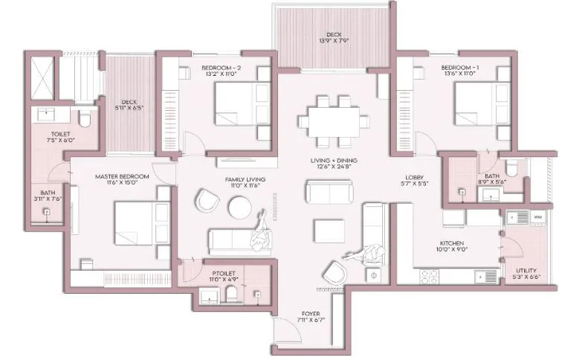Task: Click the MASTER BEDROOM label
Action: click(123, 177)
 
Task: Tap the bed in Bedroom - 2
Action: click(242, 105)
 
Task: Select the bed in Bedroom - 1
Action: click(482, 105)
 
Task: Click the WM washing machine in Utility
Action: click(537, 216)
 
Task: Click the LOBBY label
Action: click(414, 177)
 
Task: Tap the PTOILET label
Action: click(223, 274)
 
